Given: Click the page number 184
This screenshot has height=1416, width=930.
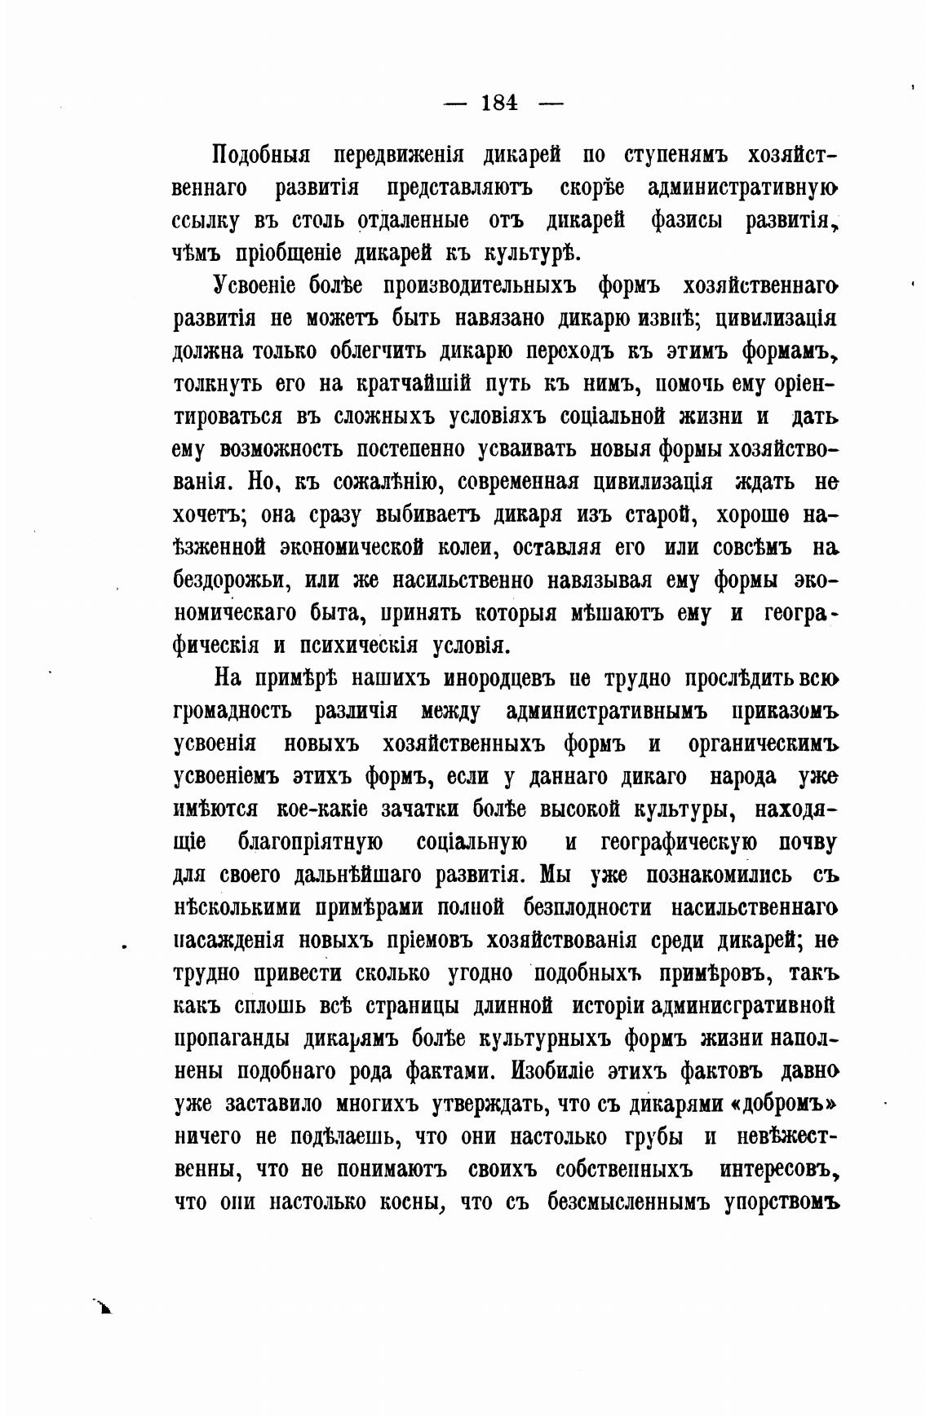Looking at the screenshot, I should tap(499, 103).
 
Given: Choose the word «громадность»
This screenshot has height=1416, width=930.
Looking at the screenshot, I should tap(232, 712).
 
